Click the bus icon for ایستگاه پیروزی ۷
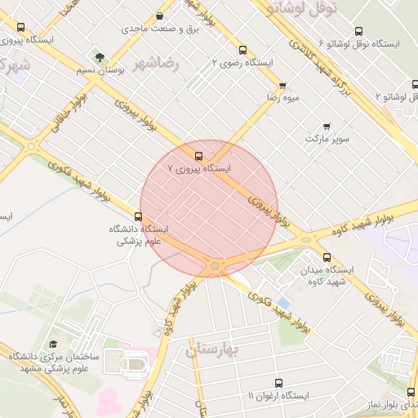click(198, 155)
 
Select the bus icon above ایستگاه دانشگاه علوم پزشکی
click(138, 216)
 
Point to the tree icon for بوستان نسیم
click(100, 57)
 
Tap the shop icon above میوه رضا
click(282, 85)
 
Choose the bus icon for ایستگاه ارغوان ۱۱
click(278, 382)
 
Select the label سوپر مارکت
click(327, 139)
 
